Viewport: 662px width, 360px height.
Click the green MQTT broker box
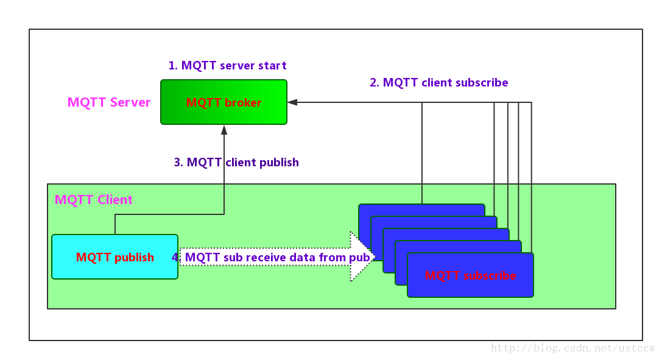224,102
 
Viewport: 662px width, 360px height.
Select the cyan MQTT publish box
114,257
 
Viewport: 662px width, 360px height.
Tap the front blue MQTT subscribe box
470,275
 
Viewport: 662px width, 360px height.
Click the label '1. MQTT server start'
227,65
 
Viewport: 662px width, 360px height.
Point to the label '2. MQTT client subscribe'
438,83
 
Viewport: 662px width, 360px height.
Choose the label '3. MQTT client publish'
236,163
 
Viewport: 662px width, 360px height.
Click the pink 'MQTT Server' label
109,102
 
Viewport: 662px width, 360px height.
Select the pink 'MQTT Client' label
94,200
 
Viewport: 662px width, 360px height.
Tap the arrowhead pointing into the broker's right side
292,102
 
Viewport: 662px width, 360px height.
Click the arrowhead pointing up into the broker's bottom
224,130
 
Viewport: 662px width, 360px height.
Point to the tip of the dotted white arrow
373,256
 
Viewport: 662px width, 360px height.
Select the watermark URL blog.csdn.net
572,348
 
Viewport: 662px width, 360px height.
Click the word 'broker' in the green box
243,103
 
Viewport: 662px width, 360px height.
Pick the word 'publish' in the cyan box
134,258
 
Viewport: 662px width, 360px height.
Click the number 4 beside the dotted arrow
175,258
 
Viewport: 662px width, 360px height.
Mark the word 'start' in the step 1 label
272,65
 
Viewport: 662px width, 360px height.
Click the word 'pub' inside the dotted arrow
359,258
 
